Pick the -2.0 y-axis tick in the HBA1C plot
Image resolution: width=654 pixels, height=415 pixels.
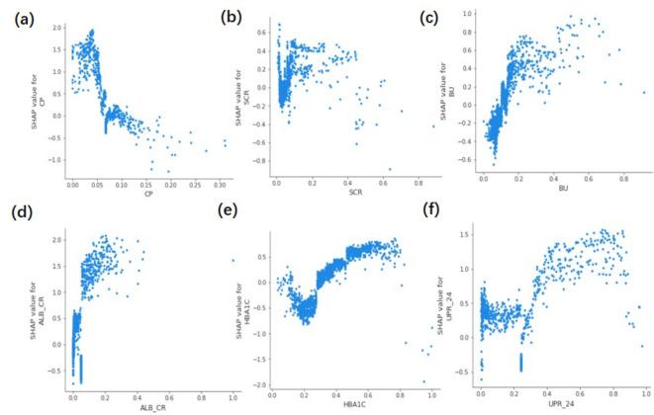coord(260,384)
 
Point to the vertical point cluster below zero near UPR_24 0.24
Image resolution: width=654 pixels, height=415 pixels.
coord(520,362)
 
